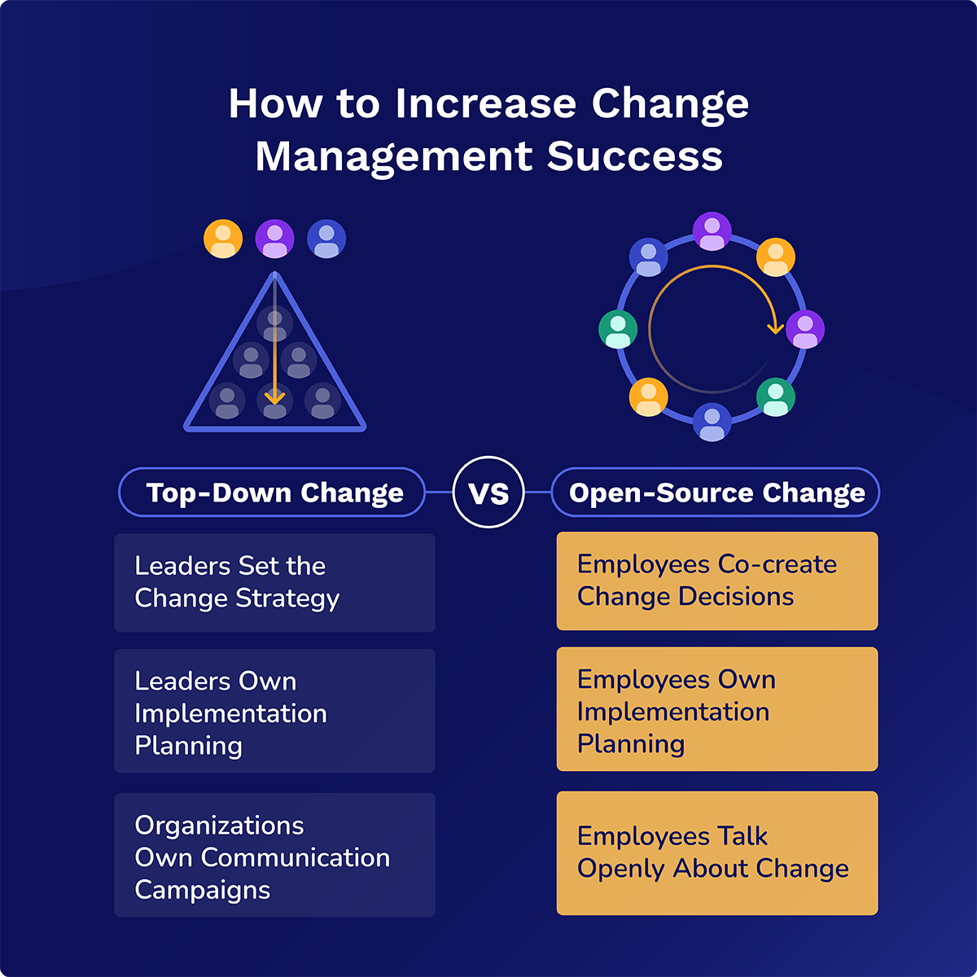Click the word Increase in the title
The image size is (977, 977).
point(486,104)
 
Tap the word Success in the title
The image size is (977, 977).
point(635,156)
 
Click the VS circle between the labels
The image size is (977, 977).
point(488,492)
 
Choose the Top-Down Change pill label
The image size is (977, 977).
point(272,493)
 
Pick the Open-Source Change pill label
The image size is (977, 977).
point(716,493)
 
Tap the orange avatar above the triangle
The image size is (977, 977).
point(223,239)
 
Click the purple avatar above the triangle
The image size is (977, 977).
point(275,239)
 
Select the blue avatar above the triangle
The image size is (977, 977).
point(326,239)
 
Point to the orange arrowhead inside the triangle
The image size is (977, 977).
point(275,397)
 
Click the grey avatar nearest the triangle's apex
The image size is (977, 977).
point(275,324)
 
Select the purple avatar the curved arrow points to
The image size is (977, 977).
point(805,329)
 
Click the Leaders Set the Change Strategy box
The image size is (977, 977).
point(275,583)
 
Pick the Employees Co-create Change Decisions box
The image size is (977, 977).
point(717,581)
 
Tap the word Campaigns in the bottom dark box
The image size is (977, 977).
point(202,891)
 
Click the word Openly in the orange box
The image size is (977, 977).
point(620,869)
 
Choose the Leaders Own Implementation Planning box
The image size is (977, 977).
point(275,711)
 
